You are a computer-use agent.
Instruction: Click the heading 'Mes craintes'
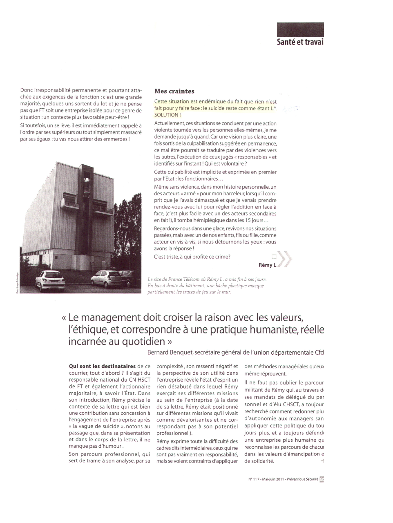(174, 91)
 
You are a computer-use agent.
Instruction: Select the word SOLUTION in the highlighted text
(166, 115)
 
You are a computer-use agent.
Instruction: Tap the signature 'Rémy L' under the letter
(267, 265)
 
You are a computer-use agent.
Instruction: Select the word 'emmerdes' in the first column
(116, 139)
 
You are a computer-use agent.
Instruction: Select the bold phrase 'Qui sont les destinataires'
(102, 366)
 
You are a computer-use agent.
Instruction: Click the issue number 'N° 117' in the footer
(254, 479)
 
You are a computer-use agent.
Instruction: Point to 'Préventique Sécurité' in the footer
(302, 479)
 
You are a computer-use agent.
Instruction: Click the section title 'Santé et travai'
(300, 42)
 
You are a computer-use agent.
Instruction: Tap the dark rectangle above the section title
(300, 29)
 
